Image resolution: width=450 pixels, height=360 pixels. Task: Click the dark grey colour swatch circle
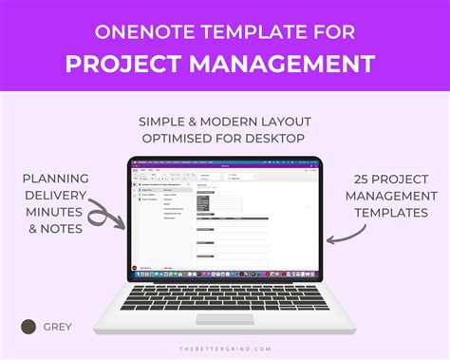point(28,327)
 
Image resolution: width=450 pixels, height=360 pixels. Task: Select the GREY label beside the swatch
point(56,327)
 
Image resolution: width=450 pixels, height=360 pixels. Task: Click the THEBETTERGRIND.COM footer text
point(225,349)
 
